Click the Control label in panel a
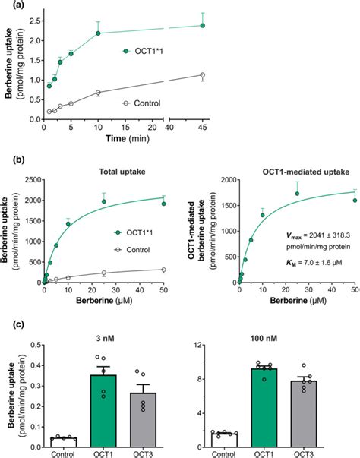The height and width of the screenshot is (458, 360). [146, 102]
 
